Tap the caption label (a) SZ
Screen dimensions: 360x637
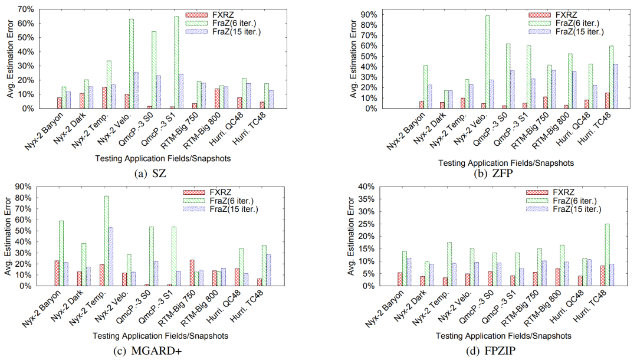(151, 175)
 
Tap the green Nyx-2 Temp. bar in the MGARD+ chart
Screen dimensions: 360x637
(106, 241)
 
